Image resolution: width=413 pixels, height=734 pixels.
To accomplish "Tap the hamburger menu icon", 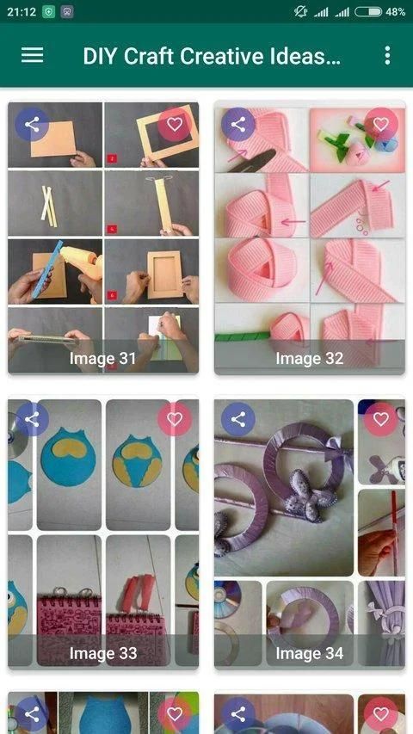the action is click(33, 55).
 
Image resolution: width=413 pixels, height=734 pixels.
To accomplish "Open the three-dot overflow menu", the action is click(387, 55).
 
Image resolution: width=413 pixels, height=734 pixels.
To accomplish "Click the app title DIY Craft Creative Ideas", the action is click(212, 56).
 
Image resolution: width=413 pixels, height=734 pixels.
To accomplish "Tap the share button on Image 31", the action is click(32, 125).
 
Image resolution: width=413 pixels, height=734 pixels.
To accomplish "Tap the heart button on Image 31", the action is click(174, 125).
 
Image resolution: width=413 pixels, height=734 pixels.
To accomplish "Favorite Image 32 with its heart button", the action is click(380, 125).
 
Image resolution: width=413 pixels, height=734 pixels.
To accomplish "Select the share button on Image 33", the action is click(32, 419).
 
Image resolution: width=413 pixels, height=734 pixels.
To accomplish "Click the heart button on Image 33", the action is click(174, 419).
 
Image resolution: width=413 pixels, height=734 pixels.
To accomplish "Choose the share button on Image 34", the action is click(238, 419).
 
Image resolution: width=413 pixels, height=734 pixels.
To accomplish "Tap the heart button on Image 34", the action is click(380, 419).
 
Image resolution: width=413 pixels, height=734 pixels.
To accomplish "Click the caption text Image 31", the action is click(103, 359).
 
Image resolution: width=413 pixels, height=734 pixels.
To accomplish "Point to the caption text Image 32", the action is click(310, 359).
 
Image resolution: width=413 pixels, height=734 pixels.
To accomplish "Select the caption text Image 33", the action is click(103, 653).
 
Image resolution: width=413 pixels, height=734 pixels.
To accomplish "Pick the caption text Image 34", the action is click(310, 653).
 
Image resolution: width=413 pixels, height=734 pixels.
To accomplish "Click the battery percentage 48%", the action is click(395, 12).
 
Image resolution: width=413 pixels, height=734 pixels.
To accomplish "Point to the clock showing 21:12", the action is click(22, 12).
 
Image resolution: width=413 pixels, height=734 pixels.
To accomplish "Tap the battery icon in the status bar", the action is click(368, 12).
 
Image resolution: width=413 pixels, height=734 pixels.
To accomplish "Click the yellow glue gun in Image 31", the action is click(83, 263).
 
